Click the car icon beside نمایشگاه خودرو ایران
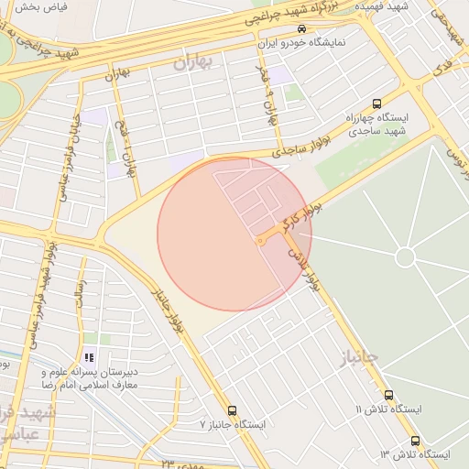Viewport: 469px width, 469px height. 302,28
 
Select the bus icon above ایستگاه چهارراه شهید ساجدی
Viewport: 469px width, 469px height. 376,104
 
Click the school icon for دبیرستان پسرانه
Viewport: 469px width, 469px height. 89,358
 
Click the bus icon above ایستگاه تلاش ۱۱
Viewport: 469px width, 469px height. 389,395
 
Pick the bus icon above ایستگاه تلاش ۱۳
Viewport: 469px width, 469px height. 415,441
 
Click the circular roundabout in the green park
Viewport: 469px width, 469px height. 405,257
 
